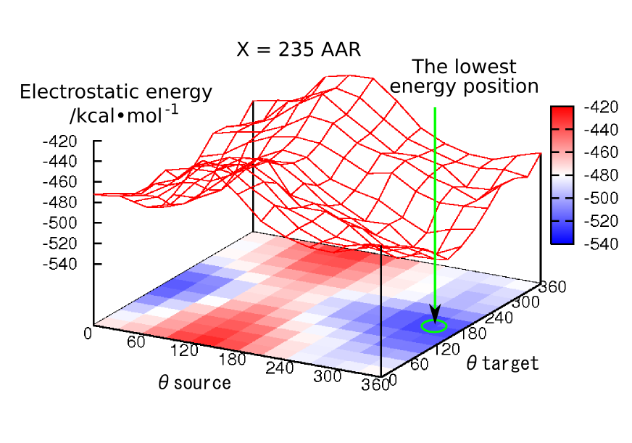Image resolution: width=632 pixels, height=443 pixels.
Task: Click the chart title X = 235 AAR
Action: pyautogui.click(x=299, y=50)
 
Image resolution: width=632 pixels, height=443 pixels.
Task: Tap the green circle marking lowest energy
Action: pyautogui.click(x=434, y=326)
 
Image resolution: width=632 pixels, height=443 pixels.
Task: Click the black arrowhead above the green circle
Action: pyautogui.click(x=434, y=312)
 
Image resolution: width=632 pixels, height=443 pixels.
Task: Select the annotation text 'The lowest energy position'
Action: pyautogui.click(x=465, y=77)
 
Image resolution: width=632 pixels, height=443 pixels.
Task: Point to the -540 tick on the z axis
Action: pyautogui.click(x=65, y=264)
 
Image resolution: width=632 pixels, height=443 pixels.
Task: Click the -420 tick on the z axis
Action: pyautogui.click(x=65, y=141)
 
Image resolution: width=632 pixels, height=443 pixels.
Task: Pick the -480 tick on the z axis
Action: pyautogui.click(x=65, y=202)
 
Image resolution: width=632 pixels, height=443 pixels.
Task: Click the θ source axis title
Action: pyautogui.click(x=194, y=382)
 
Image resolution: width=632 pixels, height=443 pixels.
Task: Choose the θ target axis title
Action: pyautogui.click(x=502, y=363)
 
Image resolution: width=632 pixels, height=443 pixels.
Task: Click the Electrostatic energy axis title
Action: pyautogui.click(x=116, y=103)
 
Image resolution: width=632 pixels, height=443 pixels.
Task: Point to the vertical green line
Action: pyautogui.click(x=435, y=203)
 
